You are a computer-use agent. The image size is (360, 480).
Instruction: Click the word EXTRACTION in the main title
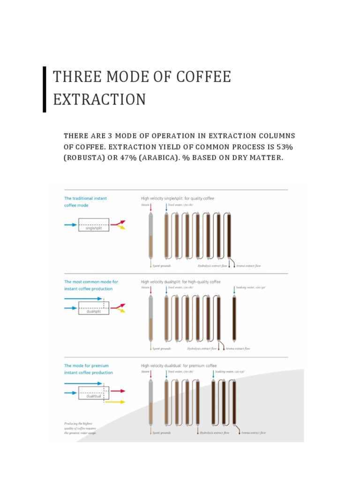[x=99, y=99]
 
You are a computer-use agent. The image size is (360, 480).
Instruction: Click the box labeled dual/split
[x=94, y=308]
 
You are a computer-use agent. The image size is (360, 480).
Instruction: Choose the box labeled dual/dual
[x=94, y=392]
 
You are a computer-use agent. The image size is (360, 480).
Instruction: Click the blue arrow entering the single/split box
[x=70, y=225]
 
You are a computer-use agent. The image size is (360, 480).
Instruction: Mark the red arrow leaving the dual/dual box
[x=118, y=390]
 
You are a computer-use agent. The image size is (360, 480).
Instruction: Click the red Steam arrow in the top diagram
[x=150, y=207]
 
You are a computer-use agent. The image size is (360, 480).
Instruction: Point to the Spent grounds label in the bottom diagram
[x=162, y=432]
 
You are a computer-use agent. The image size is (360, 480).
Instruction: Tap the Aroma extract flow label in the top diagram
[x=248, y=266]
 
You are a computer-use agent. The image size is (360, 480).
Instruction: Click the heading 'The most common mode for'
[x=91, y=282]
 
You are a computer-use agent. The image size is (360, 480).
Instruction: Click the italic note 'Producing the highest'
[x=78, y=423]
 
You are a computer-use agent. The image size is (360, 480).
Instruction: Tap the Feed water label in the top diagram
[x=181, y=205]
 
